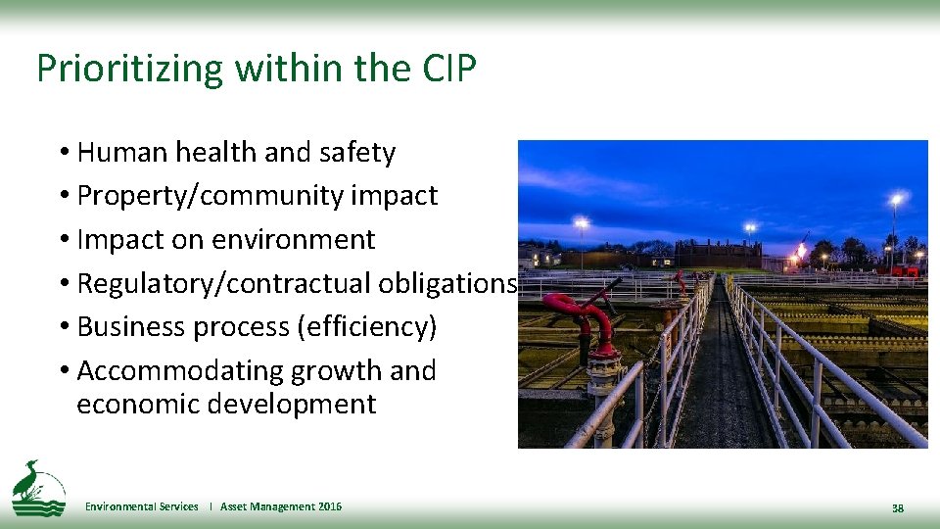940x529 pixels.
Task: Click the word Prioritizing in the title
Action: [x=115, y=69]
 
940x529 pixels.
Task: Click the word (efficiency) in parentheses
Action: [x=366, y=326]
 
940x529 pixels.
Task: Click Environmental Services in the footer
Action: [x=141, y=506]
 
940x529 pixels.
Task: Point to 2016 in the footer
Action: [x=329, y=506]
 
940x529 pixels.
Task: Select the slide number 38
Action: [x=897, y=508]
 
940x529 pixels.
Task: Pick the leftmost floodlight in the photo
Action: [x=582, y=224]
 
